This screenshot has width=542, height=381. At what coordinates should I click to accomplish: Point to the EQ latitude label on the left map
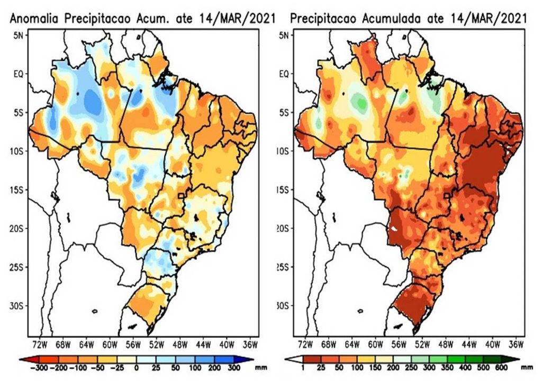[17, 74]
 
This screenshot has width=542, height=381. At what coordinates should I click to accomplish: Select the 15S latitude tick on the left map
[16, 189]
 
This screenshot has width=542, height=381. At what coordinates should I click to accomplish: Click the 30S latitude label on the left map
[16, 306]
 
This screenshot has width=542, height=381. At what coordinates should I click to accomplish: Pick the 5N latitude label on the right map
[284, 35]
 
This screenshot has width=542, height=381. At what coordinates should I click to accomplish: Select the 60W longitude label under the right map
[375, 345]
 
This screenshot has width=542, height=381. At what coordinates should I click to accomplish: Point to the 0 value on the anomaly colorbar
[136, 367]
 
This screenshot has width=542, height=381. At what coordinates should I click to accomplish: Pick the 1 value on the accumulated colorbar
[302, 367]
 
